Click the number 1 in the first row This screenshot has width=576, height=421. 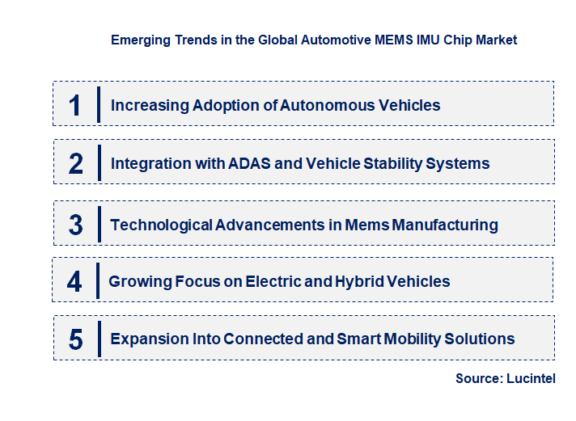point(75,104)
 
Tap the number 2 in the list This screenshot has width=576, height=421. point(76,163)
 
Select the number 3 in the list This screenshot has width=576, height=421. point(76,225)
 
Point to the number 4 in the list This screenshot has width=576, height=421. point(75,281)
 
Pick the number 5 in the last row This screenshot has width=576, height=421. point(76,339)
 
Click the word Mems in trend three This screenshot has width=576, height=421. point(367,225)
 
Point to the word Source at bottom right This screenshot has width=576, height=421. point(478,378)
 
